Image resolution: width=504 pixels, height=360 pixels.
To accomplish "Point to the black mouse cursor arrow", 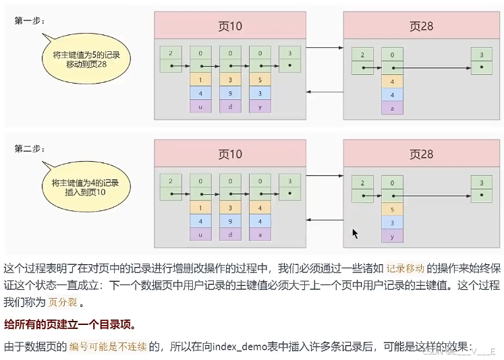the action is (x=355, y=233).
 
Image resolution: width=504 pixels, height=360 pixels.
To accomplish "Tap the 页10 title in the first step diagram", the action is (x=230, y=26).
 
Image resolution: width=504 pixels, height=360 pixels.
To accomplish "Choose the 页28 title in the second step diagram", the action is (x=421, y=154).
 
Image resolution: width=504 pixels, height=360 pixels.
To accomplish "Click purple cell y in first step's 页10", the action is (x=260, y=106).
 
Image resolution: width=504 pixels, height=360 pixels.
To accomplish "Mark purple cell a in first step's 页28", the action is (x=392, y=109).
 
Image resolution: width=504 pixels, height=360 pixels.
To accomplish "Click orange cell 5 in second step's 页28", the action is (x=392, y=208).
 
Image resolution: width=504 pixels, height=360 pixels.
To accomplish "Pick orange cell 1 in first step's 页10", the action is (x=200, y=79).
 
